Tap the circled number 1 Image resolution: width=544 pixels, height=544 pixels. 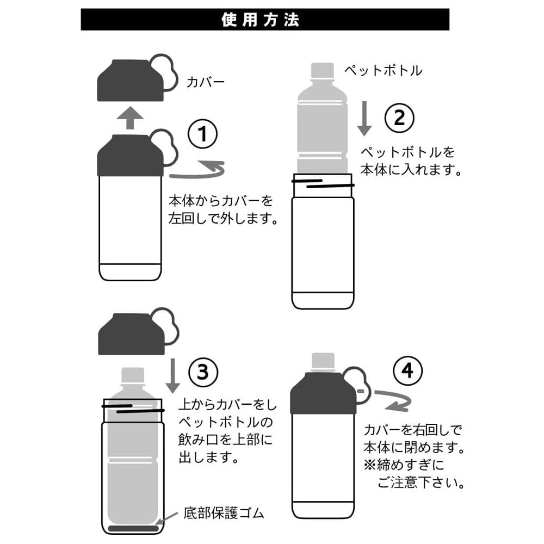coord(202,134)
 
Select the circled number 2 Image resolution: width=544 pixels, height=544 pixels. coord(399,117)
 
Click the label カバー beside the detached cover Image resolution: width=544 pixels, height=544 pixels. coord(206,83)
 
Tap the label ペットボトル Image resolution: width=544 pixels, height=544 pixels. coord(383,71)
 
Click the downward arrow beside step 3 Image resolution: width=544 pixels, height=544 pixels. coord(172,375)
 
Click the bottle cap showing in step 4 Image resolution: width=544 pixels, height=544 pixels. coord(323,362)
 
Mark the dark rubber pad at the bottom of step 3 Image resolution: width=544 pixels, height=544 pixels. coord(132,528)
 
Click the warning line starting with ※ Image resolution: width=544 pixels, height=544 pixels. coord(403,465)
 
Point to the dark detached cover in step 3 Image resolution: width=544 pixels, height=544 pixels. coord(131,334)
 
